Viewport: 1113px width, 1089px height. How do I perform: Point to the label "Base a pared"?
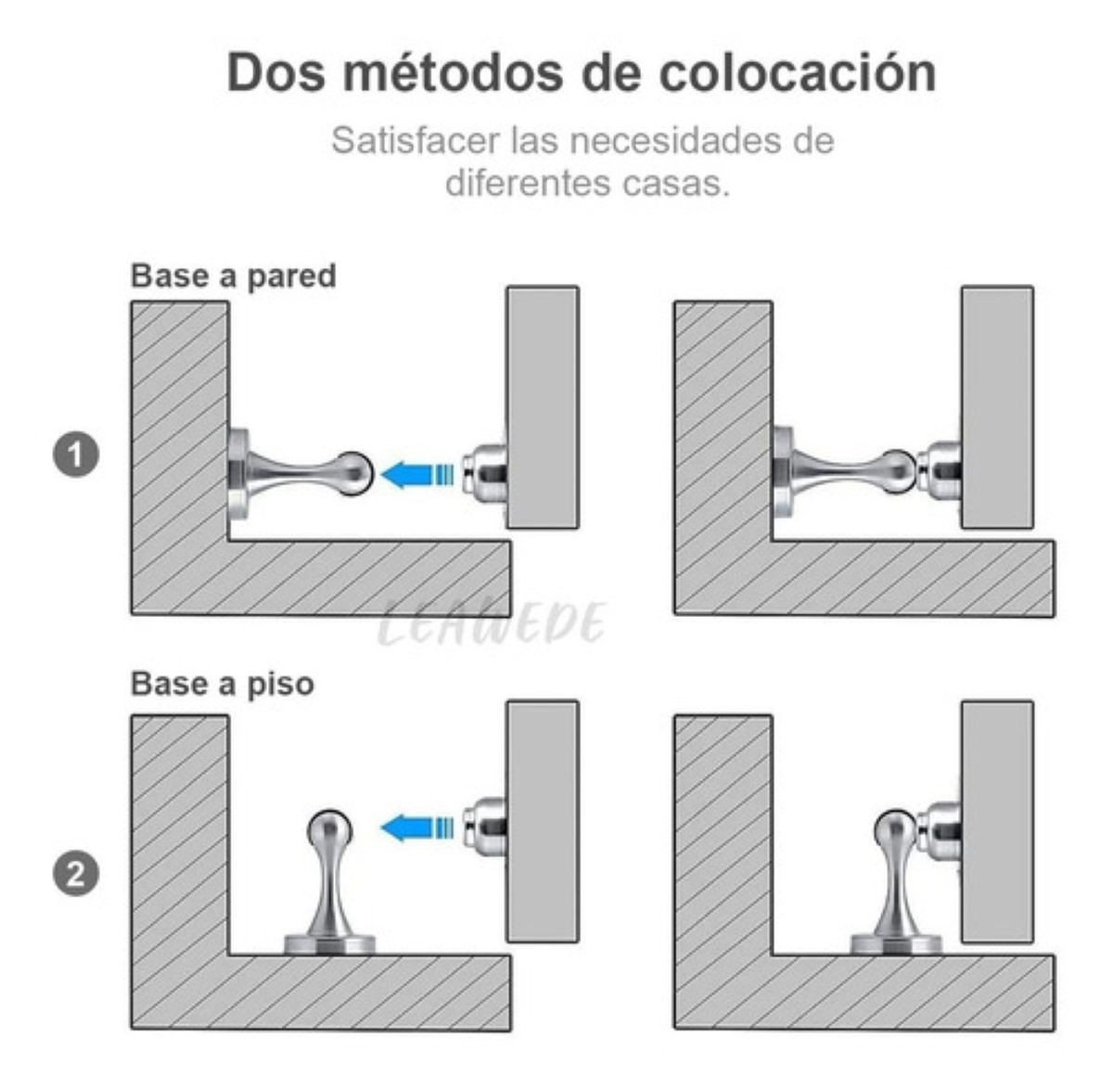click(x=233, y=276)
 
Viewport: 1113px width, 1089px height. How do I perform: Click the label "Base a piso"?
click(x=223, y=684)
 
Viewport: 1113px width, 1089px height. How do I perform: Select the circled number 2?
click(x=76, y=875)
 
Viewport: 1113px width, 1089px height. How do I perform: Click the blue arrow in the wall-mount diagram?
click(x=416, y=474)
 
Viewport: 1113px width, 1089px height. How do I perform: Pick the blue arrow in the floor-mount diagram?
click(x=416, y=826)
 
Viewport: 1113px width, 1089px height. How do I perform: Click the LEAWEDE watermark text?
click(x=492, y=624)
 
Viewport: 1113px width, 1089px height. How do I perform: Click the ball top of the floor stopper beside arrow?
click(x=329, y=826)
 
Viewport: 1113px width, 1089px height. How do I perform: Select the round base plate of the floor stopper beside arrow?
click(x=329, y=944)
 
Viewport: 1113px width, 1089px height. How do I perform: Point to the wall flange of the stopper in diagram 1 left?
click(x=238, y=473)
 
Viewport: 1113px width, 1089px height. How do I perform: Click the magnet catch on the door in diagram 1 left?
click(x=486, y=474)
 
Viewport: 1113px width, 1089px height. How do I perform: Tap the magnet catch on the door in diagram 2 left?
click(x=486, y=826)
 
